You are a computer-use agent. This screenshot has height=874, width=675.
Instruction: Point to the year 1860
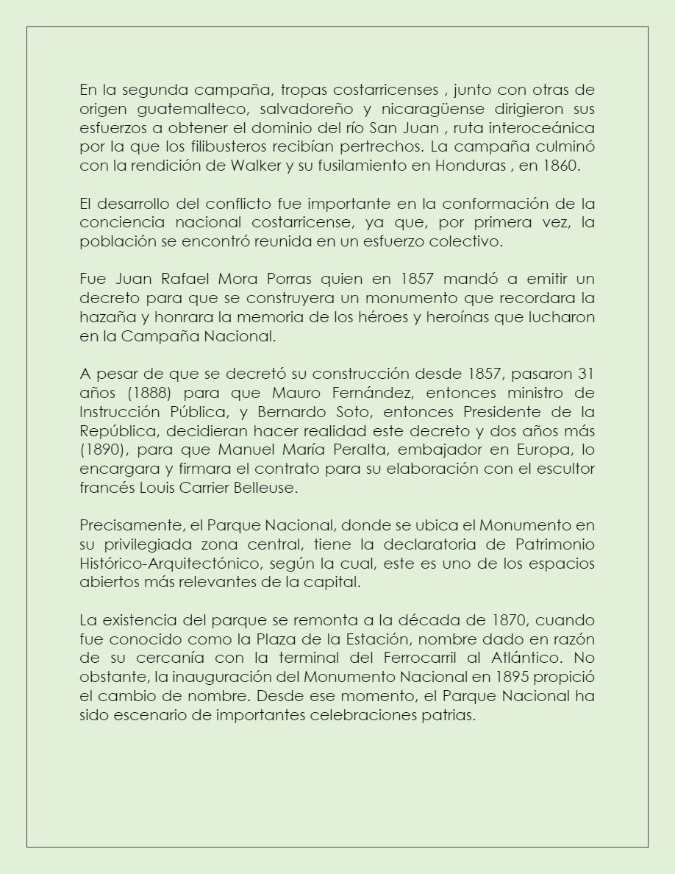pyautogui.click(x=560, y=166)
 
